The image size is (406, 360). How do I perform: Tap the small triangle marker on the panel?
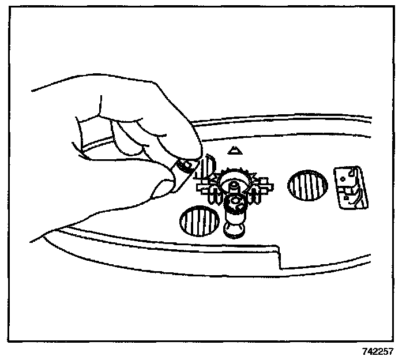pyautogui.click(x=234, y=151)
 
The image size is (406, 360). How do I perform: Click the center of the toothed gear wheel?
pyautogui.click(x=235, y=183)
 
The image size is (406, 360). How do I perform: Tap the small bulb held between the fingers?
pyautogui.click(x=185, y=167)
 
